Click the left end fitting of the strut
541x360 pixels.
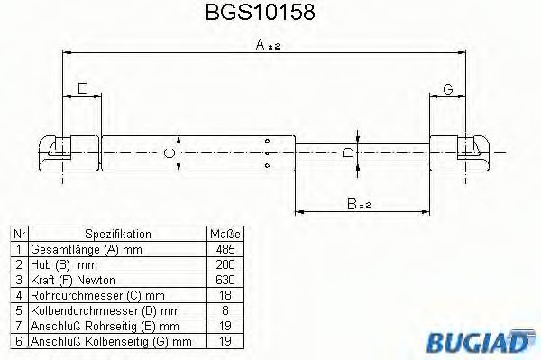point(57,149)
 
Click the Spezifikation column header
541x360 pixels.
point(117,233)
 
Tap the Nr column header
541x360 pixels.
point(18,233)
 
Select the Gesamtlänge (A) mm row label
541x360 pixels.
point(87,248)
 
